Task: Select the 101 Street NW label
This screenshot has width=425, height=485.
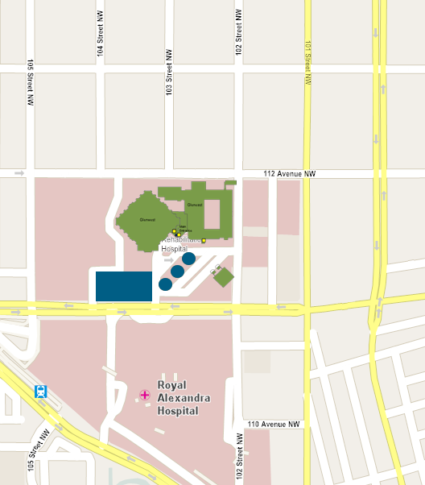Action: coord(307,63)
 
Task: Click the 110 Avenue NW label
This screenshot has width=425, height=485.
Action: coord(274,425)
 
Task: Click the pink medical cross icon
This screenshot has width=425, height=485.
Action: coord(145,395)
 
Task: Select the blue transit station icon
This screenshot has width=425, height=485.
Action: coord(40,392)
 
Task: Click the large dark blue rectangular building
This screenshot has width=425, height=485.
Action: coord(124,286)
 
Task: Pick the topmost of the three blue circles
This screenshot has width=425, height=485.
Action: coord(189,259)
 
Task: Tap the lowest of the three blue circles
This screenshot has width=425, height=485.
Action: coord(165,284)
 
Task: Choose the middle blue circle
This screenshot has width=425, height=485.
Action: coord(177,272)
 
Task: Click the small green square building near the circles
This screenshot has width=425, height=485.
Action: coord(224,277)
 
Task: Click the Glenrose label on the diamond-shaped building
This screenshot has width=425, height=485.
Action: coord(147,219)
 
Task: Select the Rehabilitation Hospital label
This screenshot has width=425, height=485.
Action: coord(180,244)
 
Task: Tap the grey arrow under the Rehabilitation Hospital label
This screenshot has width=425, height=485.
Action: coord(167,260)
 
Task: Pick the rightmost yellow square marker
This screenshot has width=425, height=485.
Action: coord(204,240)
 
